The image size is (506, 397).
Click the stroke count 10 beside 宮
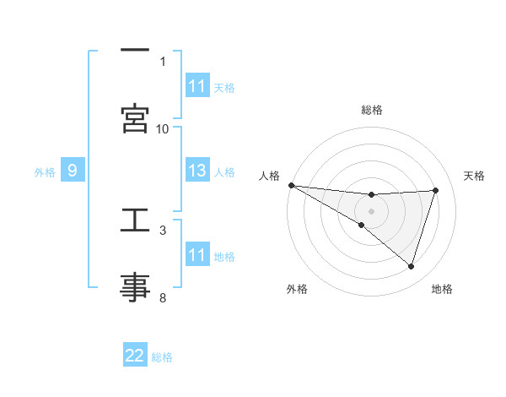click(x=163, y=128)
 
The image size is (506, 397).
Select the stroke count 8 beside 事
click(x=163, y=297)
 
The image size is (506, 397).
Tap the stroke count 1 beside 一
click(x=163, y=61)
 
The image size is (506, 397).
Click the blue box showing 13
click(x=197, y=171)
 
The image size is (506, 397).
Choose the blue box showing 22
click(x=135, y=356)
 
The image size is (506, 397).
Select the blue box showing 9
click(x=73, y=171)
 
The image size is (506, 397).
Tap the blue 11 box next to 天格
click(x=197, y=86)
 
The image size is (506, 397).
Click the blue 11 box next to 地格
click(x=197, y=255)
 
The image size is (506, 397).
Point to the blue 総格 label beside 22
click(x=162, y=357)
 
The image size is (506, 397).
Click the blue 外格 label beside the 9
click(x=45, y=172)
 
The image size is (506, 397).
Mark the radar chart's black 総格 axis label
click(x=371, y=110)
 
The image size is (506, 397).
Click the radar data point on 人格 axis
click(x=291, y=185)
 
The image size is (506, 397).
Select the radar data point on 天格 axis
click(x=436, y=190)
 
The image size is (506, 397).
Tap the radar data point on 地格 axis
click(x=412, y=266)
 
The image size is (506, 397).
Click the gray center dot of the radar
click(x=371, y=209)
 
